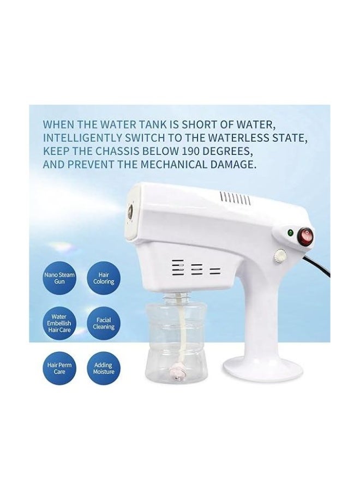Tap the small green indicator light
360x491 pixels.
[x=291, y=233]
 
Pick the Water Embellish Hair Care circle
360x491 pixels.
[x=59, y=323]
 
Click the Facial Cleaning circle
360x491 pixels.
[x=103, y=323]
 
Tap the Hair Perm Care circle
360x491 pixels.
[x=59, y=368]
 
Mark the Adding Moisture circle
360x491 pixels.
[x=103, y=368]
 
